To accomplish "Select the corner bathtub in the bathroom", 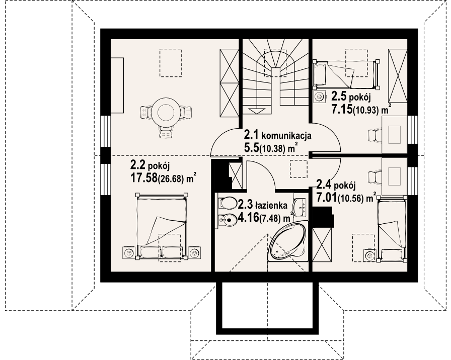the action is (288, 241).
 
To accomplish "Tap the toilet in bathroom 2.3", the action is (227, 203).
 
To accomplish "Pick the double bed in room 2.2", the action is (161, 226).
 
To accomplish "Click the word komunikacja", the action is (286, 136).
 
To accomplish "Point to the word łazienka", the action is (271, 206).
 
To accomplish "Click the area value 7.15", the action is (342, 109).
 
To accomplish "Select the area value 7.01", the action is (327, 198).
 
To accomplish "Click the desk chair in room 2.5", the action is (375, 135).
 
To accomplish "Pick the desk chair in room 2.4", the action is (375, 175).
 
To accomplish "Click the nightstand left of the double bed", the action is (128, 252).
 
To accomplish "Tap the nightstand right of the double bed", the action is (195, 252).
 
